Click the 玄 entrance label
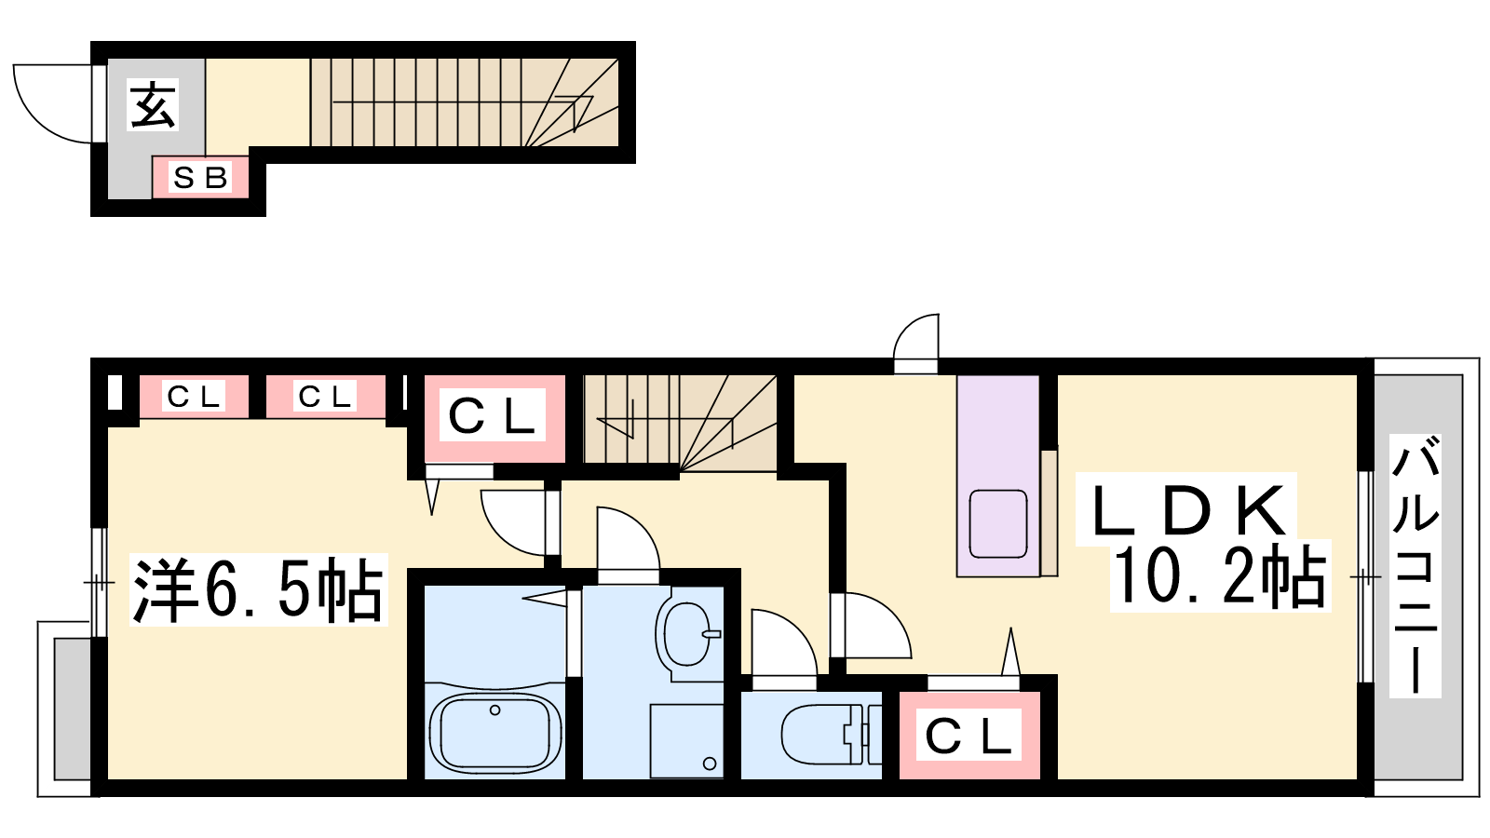154,104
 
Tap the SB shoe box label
200,177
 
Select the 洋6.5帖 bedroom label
258,589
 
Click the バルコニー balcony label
1415,565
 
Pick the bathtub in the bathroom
494,732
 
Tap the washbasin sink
688,634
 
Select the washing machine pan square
687,741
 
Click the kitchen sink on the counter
998,523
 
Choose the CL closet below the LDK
968,736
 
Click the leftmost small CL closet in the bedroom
194,397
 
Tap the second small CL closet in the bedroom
325,397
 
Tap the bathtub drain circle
494,710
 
